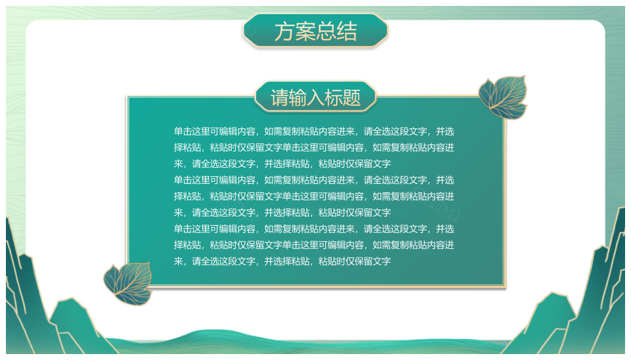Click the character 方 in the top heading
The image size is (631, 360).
(285, 32)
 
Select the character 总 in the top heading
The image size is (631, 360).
(327, 32)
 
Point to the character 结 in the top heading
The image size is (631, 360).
(347, 32)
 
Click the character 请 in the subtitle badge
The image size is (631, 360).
(279, 98)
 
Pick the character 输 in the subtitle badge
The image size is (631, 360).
(297, 98)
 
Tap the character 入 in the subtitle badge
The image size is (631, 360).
(315, 98)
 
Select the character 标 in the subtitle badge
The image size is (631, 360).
(334, 98)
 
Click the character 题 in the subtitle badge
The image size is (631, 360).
(352, 98)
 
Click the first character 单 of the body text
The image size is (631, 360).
(178, 131)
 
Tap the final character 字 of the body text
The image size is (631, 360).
(386, 261)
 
